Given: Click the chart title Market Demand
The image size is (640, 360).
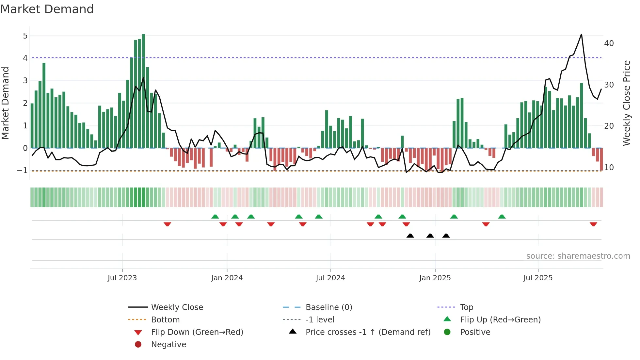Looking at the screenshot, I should point(47,9).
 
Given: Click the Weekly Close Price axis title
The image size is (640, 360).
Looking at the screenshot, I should point(626,103).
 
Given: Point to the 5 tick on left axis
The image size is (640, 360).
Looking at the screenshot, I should point(25,36).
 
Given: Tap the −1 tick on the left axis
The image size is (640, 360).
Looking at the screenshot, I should point(22,170).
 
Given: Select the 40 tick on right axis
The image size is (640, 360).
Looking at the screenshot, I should point(609,43).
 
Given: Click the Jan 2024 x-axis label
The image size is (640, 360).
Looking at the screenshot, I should point(227,278).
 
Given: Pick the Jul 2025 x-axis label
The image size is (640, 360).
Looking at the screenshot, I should point(537,278).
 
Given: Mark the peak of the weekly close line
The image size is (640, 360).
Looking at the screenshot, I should point(581,34).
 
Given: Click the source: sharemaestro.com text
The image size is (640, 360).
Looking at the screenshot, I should point(578,256).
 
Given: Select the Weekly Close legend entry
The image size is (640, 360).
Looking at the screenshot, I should point(177,307).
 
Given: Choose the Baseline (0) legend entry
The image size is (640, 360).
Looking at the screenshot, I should point(328,307).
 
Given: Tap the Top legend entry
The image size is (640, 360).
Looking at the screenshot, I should point(466,307).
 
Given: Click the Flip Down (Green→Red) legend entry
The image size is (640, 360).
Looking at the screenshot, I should point(197,332).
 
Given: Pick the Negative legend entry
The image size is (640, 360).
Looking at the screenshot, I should point(168,344).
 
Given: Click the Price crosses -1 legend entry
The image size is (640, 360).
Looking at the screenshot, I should point(368,332).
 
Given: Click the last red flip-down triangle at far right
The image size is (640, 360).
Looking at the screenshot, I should point(593,224).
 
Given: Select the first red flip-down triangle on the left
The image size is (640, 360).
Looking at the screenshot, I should point(167,224).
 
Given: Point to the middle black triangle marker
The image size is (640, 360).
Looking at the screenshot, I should point(430,236).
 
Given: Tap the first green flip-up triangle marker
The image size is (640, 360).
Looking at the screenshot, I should point(215,217).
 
